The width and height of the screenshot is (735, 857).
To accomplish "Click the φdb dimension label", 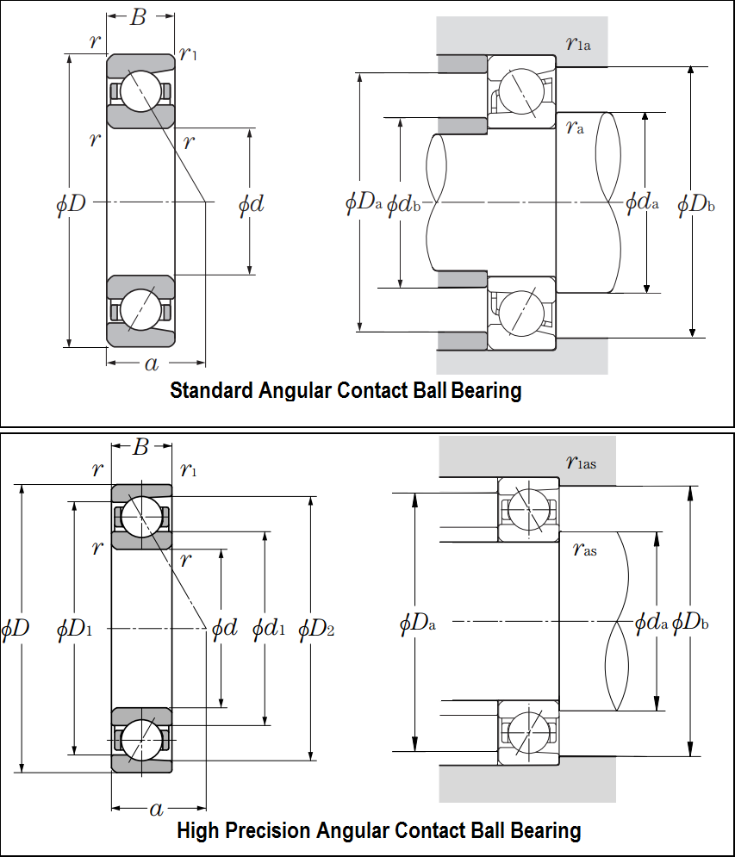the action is [x=403, y=204].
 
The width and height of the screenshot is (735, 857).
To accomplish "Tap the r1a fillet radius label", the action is [x=578, y=42].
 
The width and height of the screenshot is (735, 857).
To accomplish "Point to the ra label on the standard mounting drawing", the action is [x=575, y=127].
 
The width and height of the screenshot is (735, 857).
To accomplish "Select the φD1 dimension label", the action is [x=74, y=629].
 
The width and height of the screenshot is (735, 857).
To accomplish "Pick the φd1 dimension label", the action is [x=269, y=629].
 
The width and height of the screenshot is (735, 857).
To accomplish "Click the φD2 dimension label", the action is [x=316, y=629].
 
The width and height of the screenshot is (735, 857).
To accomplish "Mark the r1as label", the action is [x=581, y=463].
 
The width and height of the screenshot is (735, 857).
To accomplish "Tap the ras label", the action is [x=584, y=549].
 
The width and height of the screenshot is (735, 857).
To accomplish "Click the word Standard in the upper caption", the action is [x=212, y=390].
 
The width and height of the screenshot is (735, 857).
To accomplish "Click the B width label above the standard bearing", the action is [x=139, y=17].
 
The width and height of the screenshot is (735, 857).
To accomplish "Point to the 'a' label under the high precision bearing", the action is [x=157, y=809].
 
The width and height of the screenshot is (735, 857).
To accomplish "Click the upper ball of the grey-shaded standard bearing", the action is [x=141, y=90].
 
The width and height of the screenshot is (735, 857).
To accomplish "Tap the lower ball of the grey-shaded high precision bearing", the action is [x=141, y=740].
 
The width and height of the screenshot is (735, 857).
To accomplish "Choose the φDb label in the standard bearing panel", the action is [x=695, y=204].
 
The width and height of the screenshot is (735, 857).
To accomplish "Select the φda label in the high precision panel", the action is [x=651, y=622].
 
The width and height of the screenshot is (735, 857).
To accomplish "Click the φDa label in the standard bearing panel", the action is [x=363, y=202].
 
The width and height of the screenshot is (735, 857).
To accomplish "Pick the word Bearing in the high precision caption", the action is [x=545, y=831].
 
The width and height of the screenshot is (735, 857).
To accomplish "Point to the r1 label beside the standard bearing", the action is [x=188, y=53].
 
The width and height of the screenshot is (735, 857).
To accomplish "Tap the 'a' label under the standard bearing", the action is [x=152, y=363].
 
